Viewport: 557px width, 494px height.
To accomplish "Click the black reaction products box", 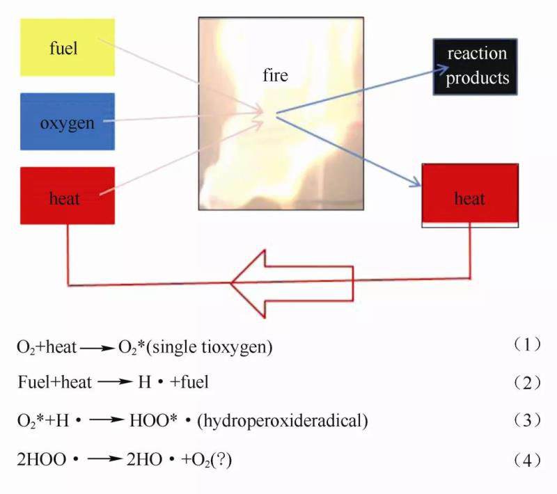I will pos(477,66).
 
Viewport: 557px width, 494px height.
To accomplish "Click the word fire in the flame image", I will pos(276,75).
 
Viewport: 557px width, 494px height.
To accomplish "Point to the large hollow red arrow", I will pos(292,282).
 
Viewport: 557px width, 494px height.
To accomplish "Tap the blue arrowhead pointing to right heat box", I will pos(415,184).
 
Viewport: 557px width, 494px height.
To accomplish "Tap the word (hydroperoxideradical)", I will pos(283,421).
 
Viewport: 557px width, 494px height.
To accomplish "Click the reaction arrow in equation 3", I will pos(107,421).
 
